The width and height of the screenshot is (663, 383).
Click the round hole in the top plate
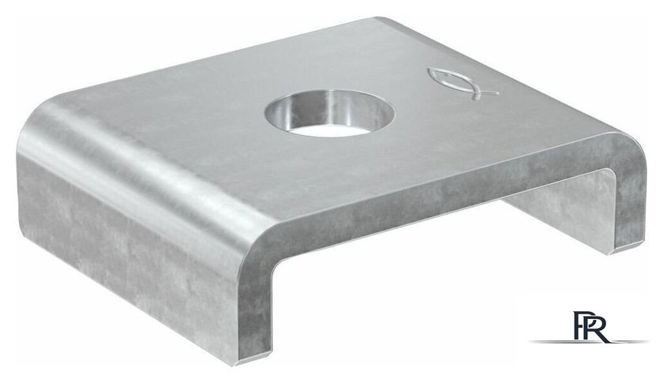(330, 113)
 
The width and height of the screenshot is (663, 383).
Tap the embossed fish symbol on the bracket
(461, 84)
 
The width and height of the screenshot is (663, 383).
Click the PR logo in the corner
(589, 327)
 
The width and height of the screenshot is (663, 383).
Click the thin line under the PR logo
(589, 341)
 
